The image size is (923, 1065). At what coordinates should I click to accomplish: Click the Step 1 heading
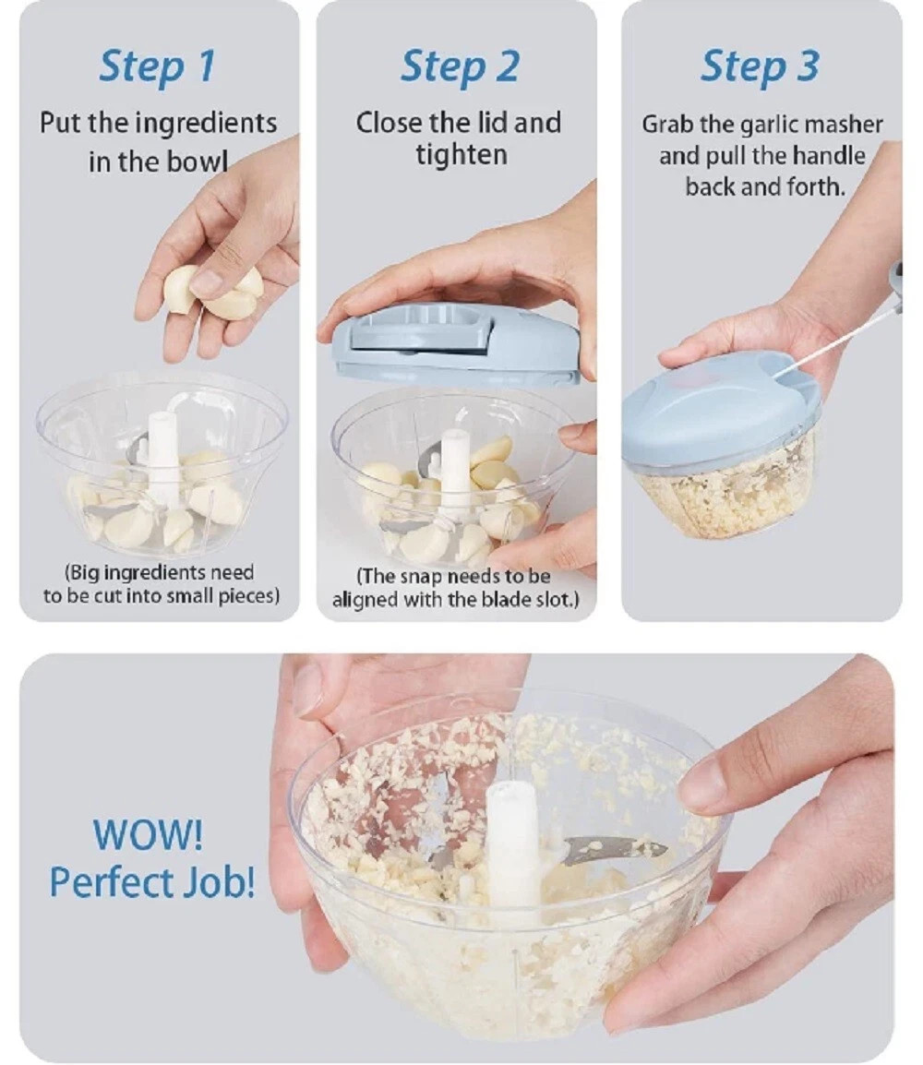coord(157,66)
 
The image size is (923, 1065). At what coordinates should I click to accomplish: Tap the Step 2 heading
coord(459,66)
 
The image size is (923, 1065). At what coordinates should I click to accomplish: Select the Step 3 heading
coord(759,66)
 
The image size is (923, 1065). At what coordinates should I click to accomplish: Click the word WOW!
coord(148,835)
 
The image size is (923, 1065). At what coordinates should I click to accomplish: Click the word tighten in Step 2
coord(460,154)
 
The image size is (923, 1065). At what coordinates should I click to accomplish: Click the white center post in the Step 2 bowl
coord(455,471)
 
